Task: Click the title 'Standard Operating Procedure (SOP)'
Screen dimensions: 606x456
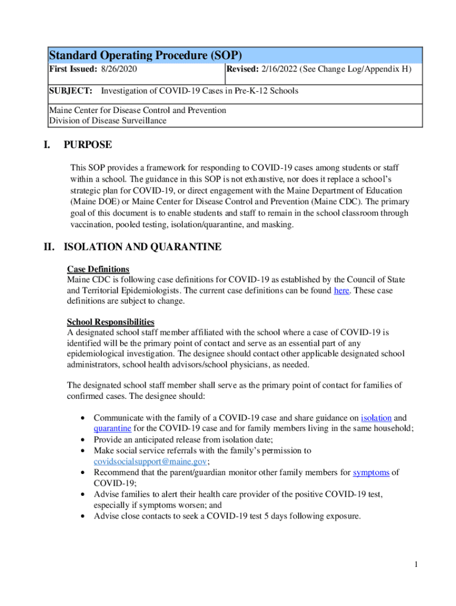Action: pos(145,55)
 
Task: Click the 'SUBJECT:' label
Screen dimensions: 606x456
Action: pos(70,91)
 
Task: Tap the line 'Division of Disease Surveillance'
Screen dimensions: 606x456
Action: pos(108,121)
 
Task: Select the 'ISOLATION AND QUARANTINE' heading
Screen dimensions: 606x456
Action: pos(143,247)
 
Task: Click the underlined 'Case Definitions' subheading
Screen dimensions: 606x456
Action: pos(98,269)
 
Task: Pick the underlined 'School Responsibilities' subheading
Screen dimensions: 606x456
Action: pos(111,322)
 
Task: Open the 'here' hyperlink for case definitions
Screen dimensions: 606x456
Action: pos(342,291)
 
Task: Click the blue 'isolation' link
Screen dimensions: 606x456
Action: pos(376,418)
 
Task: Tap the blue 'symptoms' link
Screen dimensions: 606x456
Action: pos(371,472)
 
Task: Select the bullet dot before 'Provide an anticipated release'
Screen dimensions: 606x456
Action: pos(82,440)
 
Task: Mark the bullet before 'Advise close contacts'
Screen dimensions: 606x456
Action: pos(82,516)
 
